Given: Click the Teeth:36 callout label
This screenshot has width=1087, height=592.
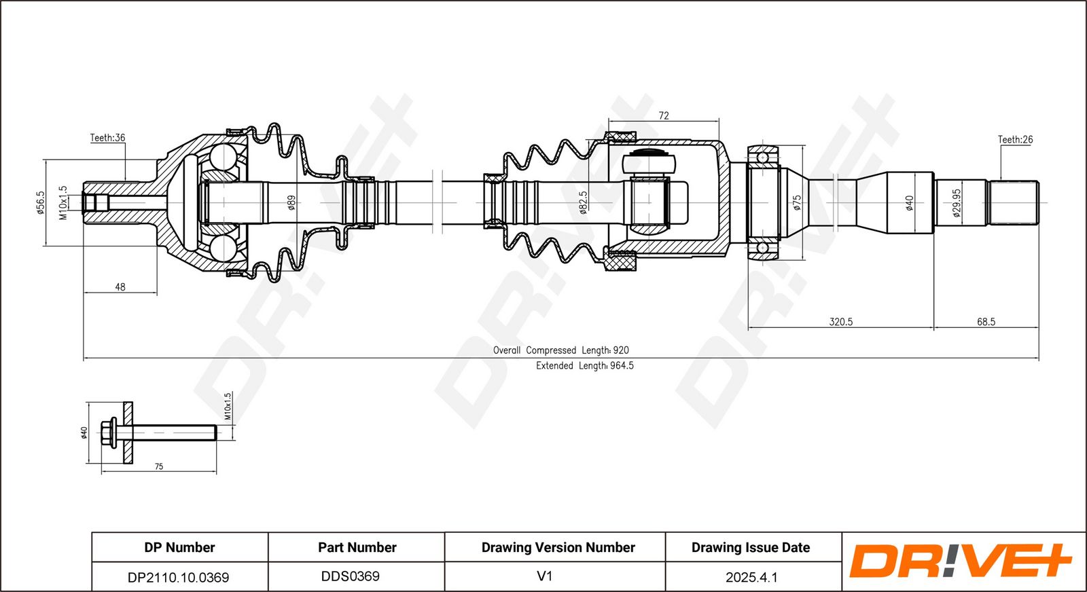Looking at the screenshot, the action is click(x=108, y=138).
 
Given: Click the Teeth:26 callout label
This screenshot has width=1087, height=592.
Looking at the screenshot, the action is click(x=1015, y=140).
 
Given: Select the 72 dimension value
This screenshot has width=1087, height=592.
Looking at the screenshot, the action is click(x=663, y=115).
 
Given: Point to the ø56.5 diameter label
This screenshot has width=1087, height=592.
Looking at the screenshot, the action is click(x=40, y=202).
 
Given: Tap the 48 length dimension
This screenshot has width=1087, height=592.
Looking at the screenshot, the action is click(x=120, y=287).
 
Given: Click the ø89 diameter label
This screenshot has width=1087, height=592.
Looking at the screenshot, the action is click(x=291, y=203).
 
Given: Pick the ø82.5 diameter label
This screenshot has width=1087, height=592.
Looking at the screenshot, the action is click(x=583, y=202).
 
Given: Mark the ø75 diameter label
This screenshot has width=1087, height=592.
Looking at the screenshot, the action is click(x=797, y=203).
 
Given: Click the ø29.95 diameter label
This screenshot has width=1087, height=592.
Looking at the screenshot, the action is click(x=957, y=203).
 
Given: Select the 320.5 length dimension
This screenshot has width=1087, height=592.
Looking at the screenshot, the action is click(x=841, y=321).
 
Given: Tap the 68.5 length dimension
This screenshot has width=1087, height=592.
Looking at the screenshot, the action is click(x=986, y=321).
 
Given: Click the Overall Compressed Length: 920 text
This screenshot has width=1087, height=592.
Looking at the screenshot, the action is click(x=561, y=350).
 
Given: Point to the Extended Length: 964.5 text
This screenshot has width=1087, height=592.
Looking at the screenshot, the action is click(x=585, y=365).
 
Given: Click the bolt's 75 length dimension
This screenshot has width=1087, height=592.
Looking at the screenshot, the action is click(x=159, y=466).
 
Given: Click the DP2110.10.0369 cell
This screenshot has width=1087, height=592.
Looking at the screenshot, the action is click(x=178, y=578).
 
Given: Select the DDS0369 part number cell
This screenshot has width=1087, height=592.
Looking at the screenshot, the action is click(x=351, y=576).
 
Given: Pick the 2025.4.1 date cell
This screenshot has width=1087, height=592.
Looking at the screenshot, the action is click(x=751, y=578).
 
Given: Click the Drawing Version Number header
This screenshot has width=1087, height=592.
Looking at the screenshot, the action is click(x=558, y=547).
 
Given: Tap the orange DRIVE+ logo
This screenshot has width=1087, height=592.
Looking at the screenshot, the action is click(x=961, y=561).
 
